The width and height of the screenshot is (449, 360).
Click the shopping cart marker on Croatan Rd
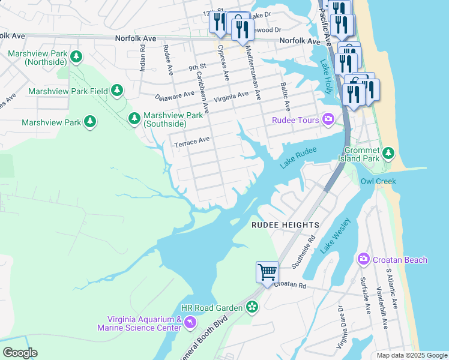click(x=267, y=271)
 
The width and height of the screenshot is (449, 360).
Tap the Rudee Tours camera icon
click(x=328, y=120)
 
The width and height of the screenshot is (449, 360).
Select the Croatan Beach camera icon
click(x=363, y=260)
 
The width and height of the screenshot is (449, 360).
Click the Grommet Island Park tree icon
click(x=388, y=154)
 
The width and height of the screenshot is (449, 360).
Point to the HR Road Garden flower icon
click(x=252, y=308)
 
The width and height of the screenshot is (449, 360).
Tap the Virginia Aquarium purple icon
click(x=190, y=323)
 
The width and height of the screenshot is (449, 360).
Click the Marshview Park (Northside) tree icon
click(x=76, y=57)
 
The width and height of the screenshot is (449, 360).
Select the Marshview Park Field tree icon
click(x=117, y=91)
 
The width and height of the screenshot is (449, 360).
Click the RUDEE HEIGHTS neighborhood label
click(x=285, y=224)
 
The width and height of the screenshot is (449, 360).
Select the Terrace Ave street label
click(x=191, y=142)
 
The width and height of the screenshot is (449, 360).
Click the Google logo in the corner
click(x=20, y=353)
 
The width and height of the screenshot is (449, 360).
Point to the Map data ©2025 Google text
click(x=412, y=355)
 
